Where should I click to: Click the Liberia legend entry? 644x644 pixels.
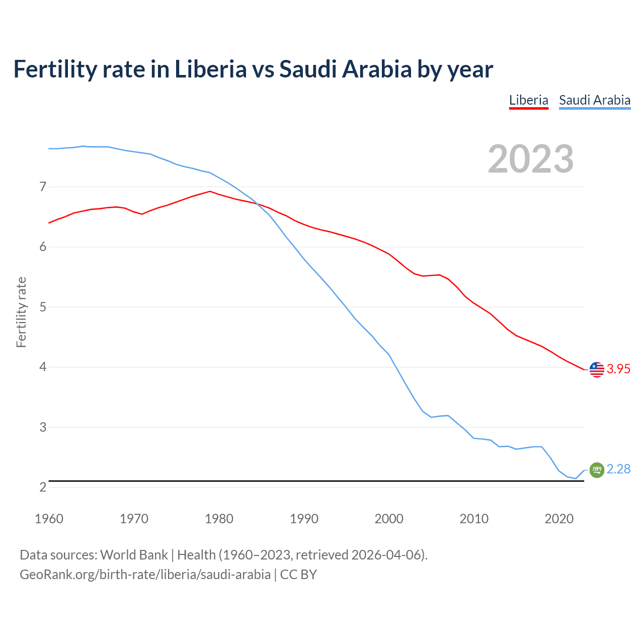(528, 100)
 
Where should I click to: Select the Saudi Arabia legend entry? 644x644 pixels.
(595, 100)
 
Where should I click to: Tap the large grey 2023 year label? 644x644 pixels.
(531, 159)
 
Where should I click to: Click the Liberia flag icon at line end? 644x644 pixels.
(597, 369)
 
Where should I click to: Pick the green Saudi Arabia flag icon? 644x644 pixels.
(597, 470)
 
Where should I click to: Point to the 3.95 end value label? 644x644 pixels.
(618, 369)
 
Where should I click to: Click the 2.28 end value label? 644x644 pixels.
(618, 469)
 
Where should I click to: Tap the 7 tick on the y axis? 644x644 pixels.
(43, 187)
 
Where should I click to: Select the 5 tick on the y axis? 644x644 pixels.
(43, 307)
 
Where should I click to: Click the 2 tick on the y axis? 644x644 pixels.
(43, 487)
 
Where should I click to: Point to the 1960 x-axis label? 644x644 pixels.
(49, 519)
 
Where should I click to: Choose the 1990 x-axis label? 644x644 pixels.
(304, 519)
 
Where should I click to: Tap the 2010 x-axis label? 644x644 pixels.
(474, 519)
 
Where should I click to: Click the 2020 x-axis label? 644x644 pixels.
(559, 519)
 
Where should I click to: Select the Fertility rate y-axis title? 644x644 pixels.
(21, 312)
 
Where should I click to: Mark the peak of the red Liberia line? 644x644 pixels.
(210, 191)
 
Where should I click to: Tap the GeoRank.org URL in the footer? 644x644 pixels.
(145, 575)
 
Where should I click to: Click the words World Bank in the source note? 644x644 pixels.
(134, 555)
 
